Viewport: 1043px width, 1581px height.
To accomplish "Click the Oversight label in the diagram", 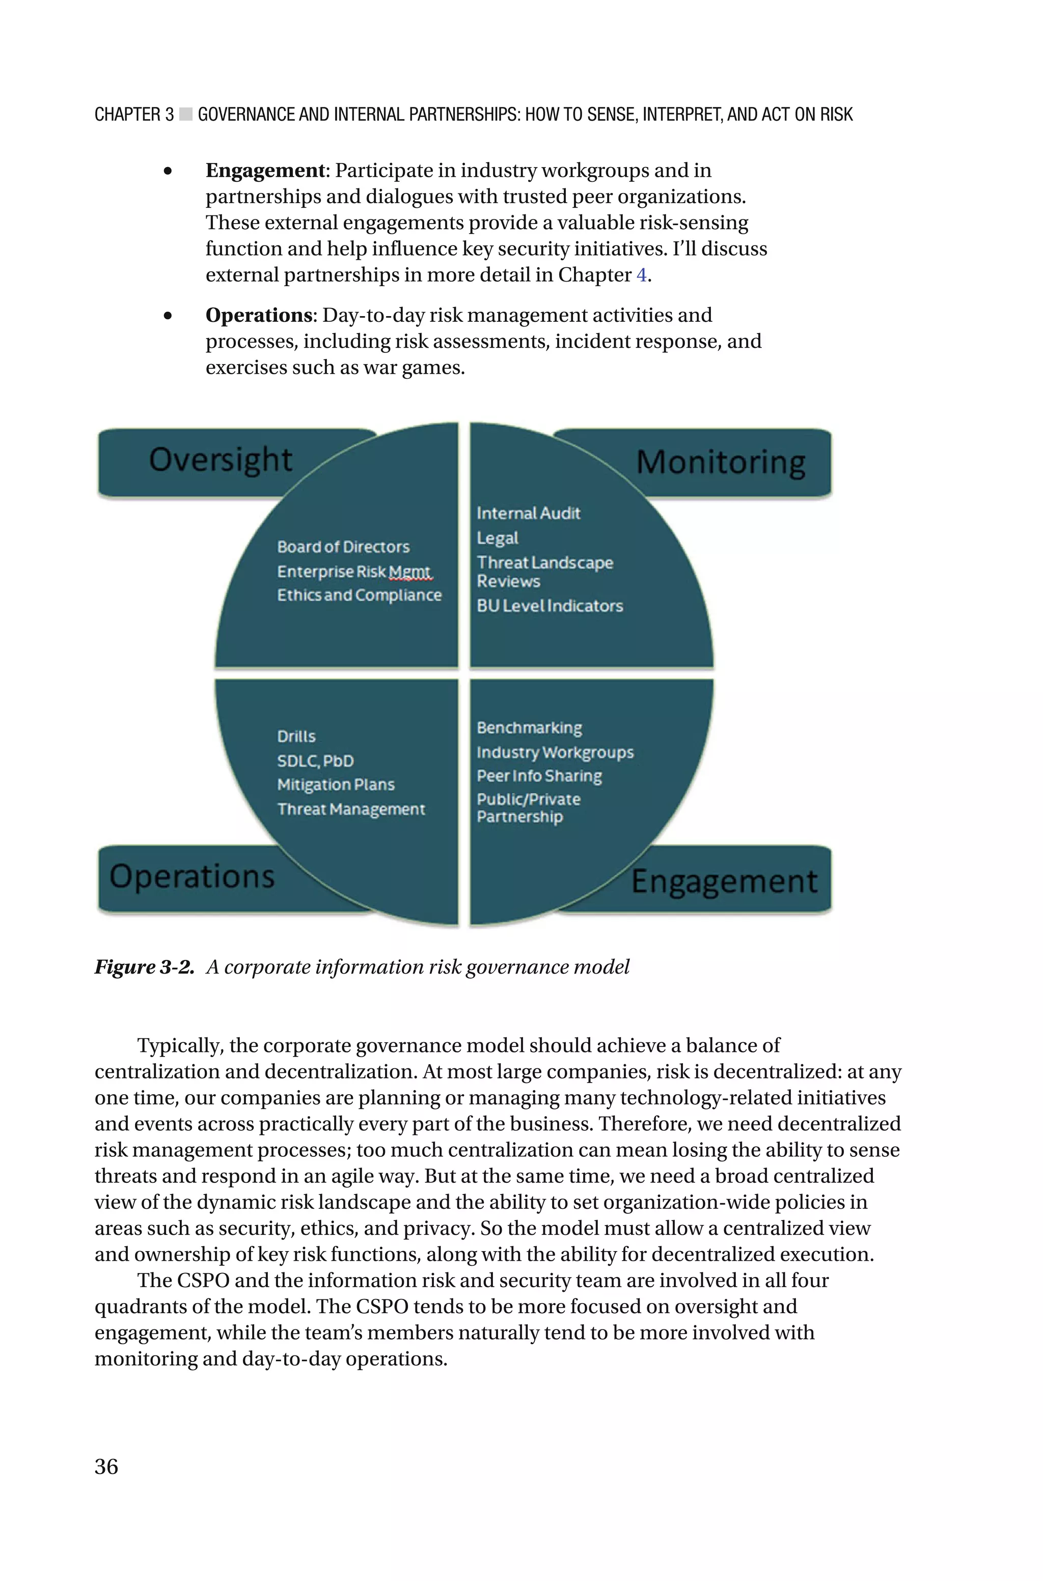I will (220, 461).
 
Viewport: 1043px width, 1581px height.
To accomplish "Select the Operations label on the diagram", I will (192, 876).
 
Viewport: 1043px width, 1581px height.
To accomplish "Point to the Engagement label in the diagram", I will (724, 881).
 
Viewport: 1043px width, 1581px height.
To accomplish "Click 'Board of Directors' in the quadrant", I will (343, 547).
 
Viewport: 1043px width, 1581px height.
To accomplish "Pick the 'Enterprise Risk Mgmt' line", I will (354, 572).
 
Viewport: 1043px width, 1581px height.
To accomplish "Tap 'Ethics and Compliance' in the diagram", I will (359, 595).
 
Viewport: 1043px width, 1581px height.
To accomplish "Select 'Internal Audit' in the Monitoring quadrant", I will (528, 513).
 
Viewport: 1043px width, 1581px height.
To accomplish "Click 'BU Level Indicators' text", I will (550, 606).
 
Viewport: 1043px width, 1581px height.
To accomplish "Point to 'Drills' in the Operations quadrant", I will (296, 737).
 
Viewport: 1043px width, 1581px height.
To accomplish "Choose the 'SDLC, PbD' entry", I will (315, 761).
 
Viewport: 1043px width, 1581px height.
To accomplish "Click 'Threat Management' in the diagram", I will (350, 809).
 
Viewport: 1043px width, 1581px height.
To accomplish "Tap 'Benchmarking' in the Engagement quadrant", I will (529, 728).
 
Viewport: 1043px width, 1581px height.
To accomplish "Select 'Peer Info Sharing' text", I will (539, 776).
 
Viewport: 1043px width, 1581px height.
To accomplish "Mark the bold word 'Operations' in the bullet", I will (259, 315).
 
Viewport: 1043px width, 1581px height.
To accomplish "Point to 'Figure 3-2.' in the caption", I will (144, 967).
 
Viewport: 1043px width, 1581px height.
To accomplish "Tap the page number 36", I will (106, 1466).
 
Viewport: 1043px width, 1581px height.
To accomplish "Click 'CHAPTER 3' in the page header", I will (134, 115).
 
